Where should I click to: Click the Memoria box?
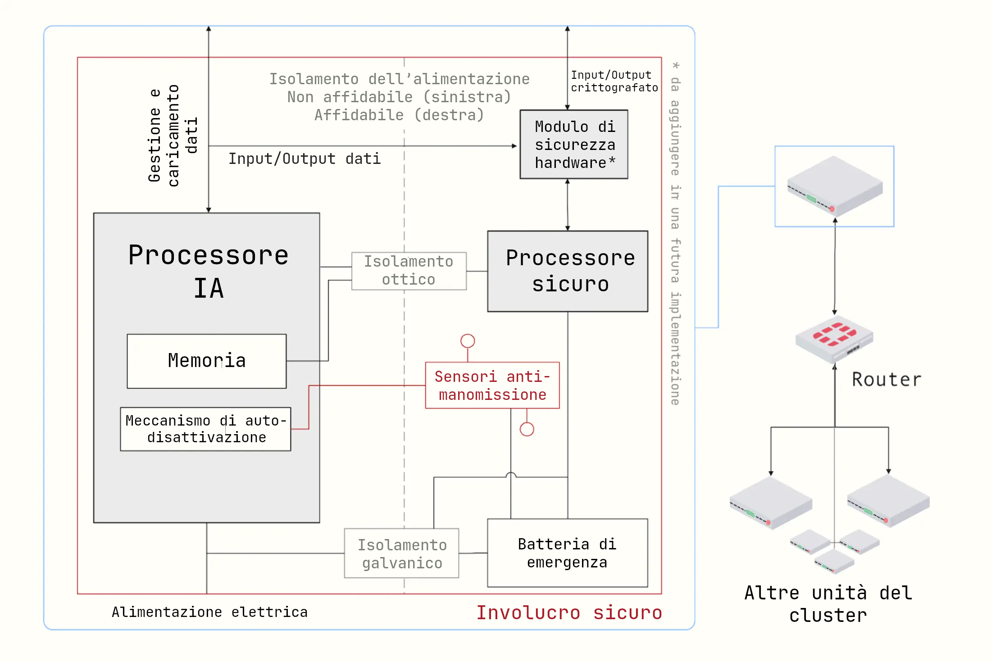click(x=207, y=361)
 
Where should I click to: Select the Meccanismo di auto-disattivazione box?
click(x=206, y=429)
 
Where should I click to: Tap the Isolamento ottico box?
click(x=409, y=271)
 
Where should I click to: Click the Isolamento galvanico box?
click(x=402, y=553)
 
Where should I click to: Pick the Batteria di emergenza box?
click(x=568, y=553)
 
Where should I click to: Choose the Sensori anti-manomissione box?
click(x=492, y=385)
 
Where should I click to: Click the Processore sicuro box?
click(x=568, y=271)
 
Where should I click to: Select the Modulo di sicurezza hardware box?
click(x=574, y=144)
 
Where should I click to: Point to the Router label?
click(x=886, y=380)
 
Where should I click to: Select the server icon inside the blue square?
click(x=835, y=186)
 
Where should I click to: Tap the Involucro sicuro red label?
click(x=569, y=612)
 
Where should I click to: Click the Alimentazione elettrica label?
click(x=209, y=612)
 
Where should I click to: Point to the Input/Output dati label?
click(x=305, y=159)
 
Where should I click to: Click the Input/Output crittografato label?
click(x=614, y=82)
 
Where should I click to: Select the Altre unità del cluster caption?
click(x=828, y=604)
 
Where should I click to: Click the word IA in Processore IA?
click(x=209, y=288)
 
